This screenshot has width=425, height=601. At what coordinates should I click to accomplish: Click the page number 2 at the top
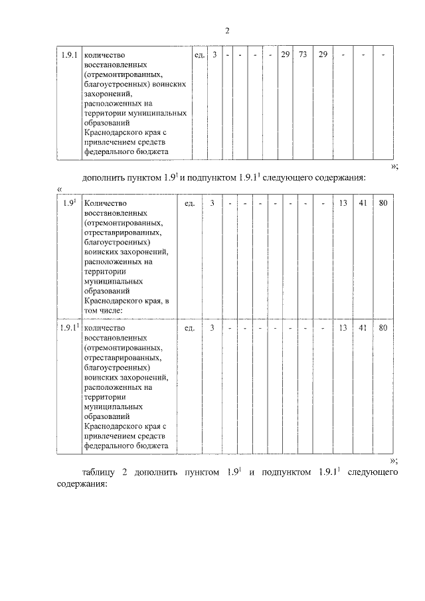coord(226,31)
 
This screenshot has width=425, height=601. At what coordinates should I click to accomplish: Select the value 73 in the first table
coord(303,54)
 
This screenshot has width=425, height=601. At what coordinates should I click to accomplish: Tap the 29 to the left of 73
coord(284,54)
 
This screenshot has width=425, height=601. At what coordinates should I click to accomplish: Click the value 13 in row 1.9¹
coord(343,203)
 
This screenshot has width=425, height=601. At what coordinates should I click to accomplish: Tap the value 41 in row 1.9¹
coord(363,203)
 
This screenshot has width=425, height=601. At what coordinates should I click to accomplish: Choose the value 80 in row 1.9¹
coord(383,203)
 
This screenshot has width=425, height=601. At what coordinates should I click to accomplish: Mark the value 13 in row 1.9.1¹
coord(343,327)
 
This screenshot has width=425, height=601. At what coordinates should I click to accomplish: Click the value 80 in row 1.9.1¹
coord(383,327)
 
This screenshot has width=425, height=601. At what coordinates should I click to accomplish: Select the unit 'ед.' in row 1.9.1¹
coord(189,327)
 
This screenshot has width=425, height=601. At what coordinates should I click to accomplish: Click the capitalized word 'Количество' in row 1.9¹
coord(106,203)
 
